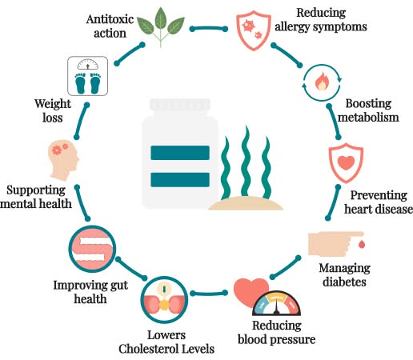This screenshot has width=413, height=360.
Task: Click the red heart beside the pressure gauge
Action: click(x=249, y=291)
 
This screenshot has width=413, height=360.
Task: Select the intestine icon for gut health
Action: click(x=93, y=249)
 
